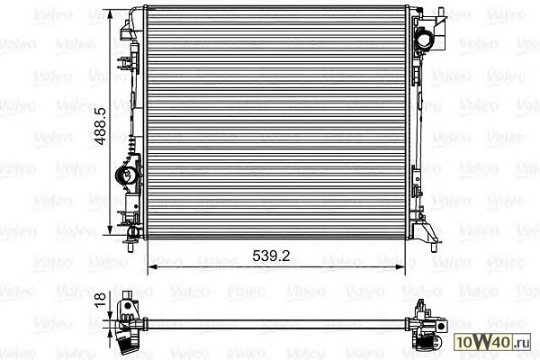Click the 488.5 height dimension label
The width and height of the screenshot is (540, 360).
[x=100, y=126]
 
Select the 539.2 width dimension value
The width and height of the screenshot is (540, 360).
[x=271, y=256]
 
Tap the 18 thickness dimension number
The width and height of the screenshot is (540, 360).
[x=100, y=300]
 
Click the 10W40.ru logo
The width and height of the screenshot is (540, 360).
[x=491, y=342]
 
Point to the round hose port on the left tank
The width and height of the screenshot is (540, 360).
[x=125, y=175]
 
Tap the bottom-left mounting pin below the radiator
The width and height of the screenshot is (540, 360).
[x=130, y=247]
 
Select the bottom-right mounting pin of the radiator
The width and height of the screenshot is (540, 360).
[x=433, y=247]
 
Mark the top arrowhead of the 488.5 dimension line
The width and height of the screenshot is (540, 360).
[x=110, y=14]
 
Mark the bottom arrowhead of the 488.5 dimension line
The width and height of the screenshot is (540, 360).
[x=110, y=229]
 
